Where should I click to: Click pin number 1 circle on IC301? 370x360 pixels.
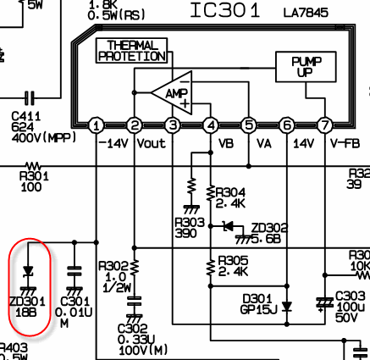97,125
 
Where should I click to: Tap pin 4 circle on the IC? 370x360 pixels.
211,125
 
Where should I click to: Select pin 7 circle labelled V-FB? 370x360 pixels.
325,125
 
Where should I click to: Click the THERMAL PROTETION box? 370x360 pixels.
131,51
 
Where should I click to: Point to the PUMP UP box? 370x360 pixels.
306,67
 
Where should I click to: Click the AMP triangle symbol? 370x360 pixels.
172,93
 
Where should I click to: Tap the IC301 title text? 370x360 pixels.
225,11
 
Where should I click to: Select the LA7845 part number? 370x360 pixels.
306,13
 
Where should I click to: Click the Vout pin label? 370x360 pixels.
151,144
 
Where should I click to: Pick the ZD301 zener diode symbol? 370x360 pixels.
28,271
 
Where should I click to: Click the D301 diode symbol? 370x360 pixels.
287,307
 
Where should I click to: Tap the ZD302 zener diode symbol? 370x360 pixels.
229,226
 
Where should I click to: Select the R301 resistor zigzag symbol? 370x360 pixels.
33,166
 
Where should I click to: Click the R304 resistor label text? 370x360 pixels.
230,193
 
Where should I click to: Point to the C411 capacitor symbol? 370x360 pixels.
30,98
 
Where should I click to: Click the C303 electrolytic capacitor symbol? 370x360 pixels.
325,303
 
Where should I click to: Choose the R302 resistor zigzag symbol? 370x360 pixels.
135,267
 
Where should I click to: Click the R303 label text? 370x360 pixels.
190,223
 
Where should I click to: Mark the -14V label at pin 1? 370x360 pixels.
113,144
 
